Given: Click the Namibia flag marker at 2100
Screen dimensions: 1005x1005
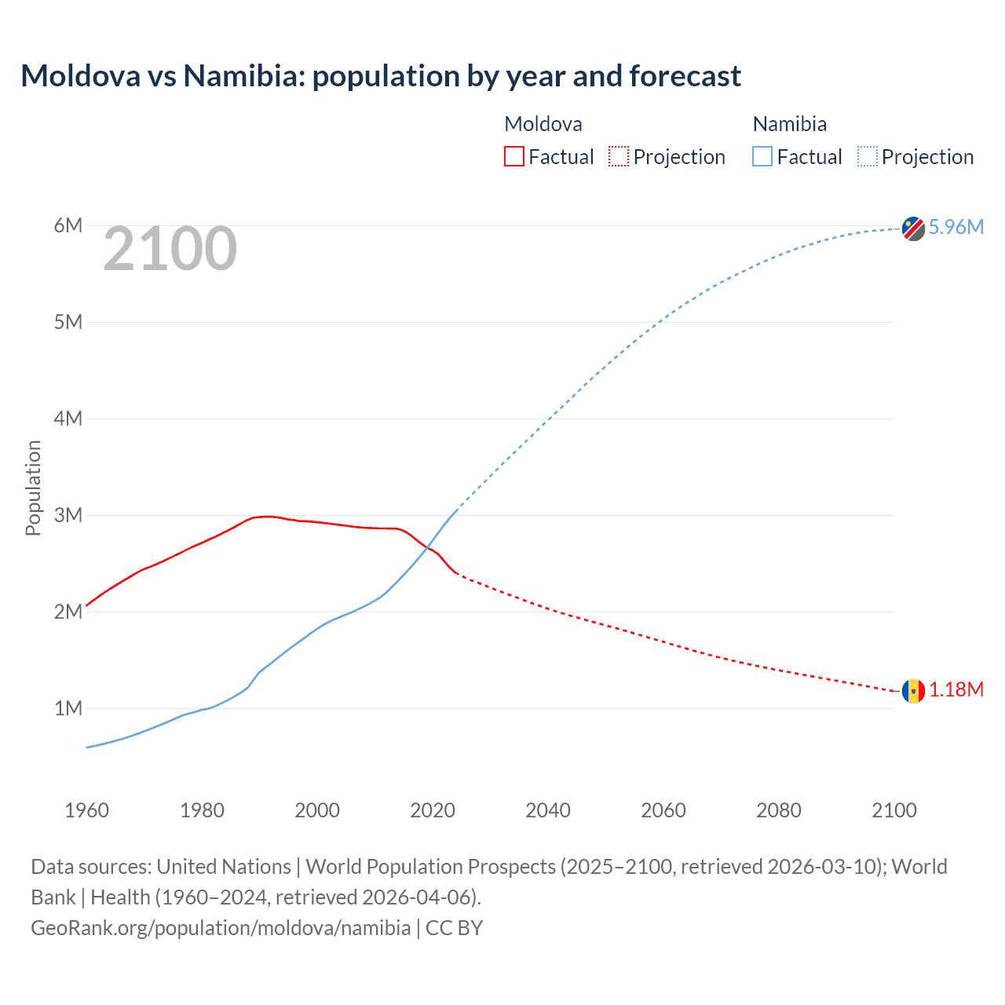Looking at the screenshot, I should click(913, 228).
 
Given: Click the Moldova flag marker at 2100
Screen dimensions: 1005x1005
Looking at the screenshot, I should click(913, 691).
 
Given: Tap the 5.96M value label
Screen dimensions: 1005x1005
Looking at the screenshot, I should click(956, 227).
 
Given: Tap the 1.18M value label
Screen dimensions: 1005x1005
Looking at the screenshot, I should click(956, 689).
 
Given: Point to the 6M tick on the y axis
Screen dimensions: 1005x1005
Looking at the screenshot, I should click(68, 226).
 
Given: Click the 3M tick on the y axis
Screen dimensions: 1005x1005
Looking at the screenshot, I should click(68, 515).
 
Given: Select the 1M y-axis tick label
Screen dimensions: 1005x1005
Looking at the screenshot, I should click(68, 708).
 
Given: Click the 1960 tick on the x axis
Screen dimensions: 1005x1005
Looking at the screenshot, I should click(86, 810).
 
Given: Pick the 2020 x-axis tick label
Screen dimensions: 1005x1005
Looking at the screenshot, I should click(433, 810).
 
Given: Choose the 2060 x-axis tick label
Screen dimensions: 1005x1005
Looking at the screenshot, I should click(663, 810).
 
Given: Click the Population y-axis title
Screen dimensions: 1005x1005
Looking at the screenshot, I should click(33, 488).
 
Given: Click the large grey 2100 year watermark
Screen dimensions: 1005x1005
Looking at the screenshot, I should click(170, 249).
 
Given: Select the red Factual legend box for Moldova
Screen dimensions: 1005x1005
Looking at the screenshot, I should click(513, 157).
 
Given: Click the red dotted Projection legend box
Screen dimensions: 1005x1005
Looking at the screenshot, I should click(619, 157).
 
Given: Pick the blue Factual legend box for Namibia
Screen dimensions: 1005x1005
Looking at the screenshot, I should click(762, 157).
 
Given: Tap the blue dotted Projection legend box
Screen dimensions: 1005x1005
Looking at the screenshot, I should click(867, 157).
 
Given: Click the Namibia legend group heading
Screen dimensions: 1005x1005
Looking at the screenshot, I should click(789, 124).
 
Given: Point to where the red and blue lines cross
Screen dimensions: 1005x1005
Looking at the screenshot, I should click(426, 546).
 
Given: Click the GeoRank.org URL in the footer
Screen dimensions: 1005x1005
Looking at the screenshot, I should click(221, 928).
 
